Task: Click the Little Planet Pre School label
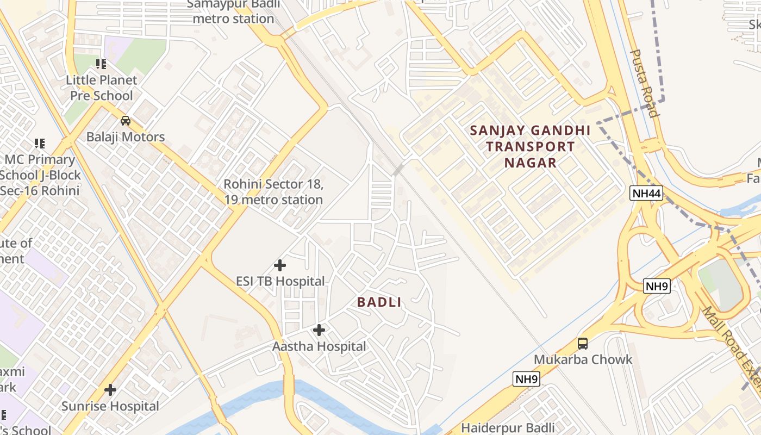101,88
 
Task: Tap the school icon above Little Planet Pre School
101,64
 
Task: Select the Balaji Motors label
126,136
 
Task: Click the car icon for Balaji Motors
126,120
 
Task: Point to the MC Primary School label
40,175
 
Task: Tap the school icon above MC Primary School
40,144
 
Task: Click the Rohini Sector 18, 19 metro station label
273,192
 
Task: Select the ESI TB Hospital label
280,281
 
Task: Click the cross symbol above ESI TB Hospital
280,265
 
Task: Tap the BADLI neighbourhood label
379,302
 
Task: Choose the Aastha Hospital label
319,346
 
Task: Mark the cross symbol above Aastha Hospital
319,330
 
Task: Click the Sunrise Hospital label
110,406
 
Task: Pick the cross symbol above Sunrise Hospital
110,390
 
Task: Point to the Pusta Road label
645,83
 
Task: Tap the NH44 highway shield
647,193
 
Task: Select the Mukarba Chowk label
583,359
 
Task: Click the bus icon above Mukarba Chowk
583,344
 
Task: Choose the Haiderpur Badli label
508,428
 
